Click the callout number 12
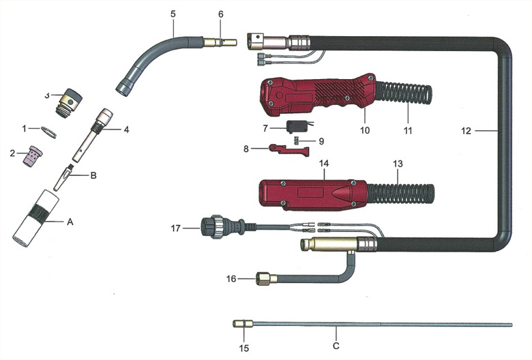466,131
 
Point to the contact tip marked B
63,177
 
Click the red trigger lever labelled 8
289,150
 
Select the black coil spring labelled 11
404,95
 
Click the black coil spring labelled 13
400,194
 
